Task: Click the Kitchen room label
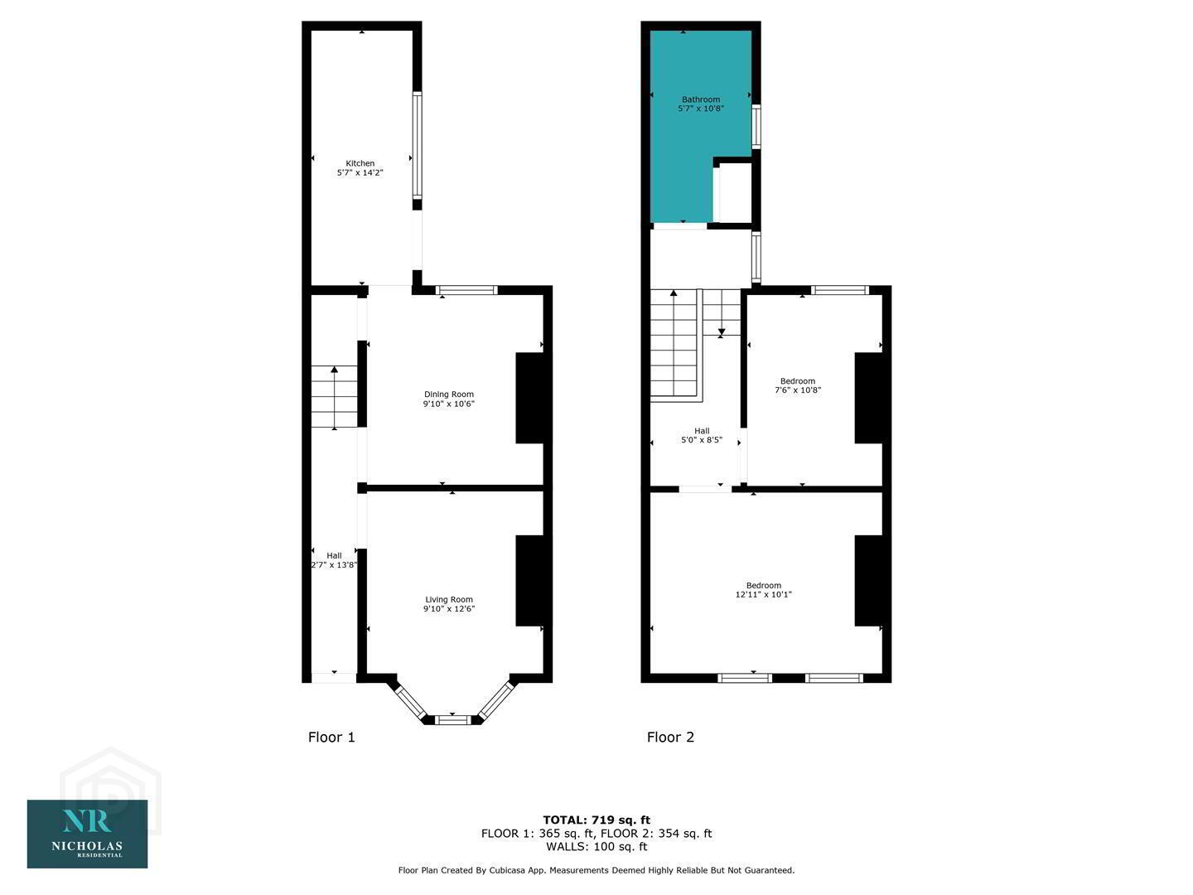click(360, 163)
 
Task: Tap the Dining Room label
click(448, 394)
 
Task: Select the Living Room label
click(449, 599)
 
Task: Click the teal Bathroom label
click(701, 99)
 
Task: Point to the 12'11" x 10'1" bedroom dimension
click(763, 594)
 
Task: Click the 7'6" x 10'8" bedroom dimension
click(797, 389)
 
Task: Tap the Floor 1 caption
click(331, 737)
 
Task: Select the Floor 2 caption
click(670, 737)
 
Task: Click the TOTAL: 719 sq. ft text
click(596, 820)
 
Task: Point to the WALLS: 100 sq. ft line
click(596, 846)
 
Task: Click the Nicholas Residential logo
click(88, 834)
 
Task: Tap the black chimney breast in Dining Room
click(529, 399)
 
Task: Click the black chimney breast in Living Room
click(529, 581)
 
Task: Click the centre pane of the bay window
click(452, 720)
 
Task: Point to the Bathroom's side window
click(756, 126)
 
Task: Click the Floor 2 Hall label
click(702, 431)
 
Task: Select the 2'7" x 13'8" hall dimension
click(334, 564)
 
